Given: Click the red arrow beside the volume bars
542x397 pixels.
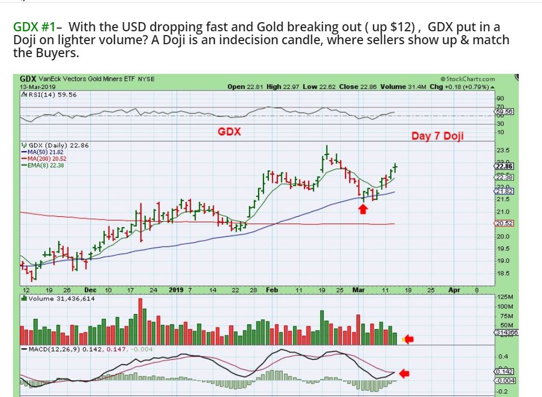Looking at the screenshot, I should pyautogui.click(x=409, y=339).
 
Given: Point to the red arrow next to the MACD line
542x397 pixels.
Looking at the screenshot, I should pyautogui.click(x=404, y=373).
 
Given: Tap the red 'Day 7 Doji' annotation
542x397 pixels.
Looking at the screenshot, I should pyautogui.click(x=437, y=136).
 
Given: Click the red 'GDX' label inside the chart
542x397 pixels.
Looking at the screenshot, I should pyautogui.click(x=229, y=132).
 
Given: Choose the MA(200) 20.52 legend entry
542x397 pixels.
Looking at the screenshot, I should pyautogui.click(x=44, y=159).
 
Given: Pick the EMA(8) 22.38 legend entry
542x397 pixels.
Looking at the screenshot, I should pyautogui.click(x=43, y=165).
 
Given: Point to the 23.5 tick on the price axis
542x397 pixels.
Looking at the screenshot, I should pyautogui.click(x=503, y=150).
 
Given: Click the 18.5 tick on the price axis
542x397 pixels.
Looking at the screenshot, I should pyautogui.click(x=503, y=274).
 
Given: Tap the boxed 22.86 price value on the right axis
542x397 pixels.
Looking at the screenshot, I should pyautogui.click(x=504, y=166).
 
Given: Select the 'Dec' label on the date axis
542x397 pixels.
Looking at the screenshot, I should pyautogui.click(x=90, y=290).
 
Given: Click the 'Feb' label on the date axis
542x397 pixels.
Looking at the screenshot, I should pyautogui.click(x=272, y=290).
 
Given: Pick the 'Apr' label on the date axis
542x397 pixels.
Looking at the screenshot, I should pyautogui.click(x=454, y=290).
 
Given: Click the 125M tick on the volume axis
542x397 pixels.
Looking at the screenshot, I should pyautogui.click(x=506, y=297).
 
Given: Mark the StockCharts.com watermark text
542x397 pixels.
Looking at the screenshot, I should pyautogui.click(x=468, y=79).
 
